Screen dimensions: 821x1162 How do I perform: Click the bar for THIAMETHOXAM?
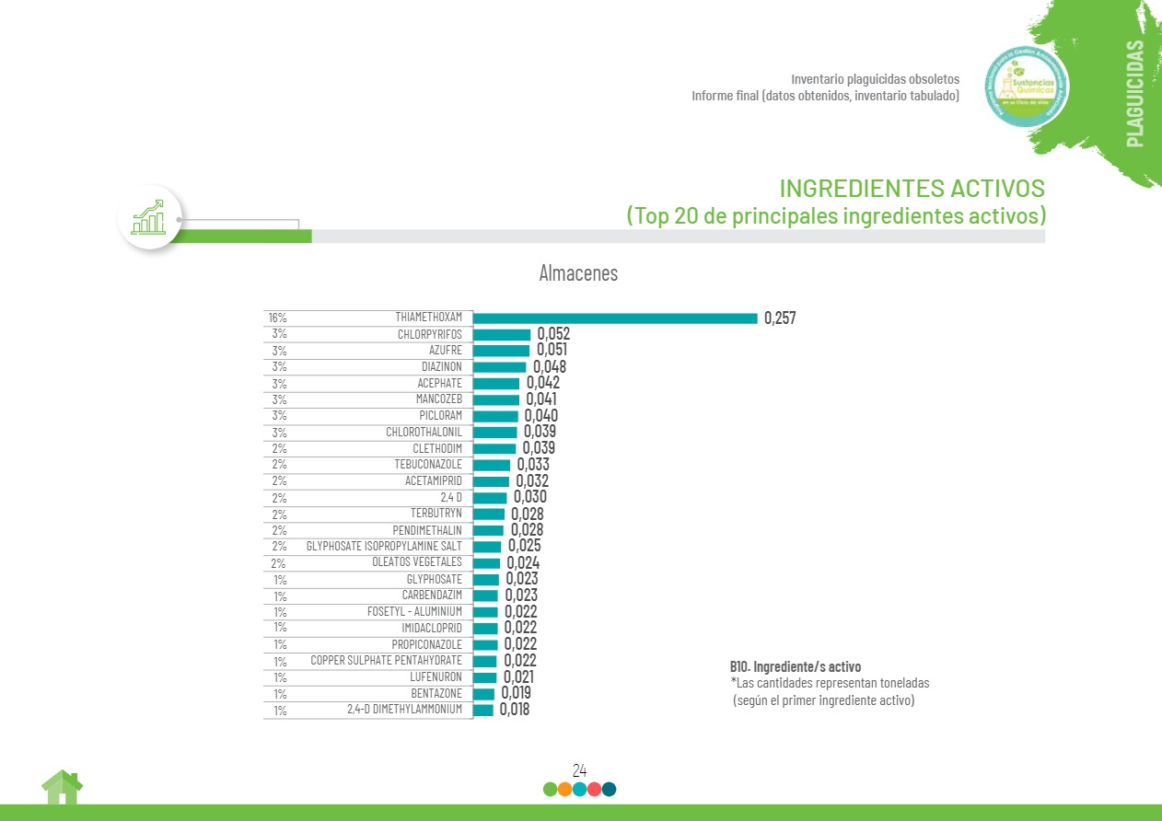pos(615,318)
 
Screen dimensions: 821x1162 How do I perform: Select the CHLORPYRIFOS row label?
pos(429,334)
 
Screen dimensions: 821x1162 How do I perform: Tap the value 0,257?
pos(780,318)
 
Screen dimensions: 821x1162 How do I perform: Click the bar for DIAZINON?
pos(499,366)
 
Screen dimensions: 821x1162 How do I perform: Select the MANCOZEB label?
pos(438,399)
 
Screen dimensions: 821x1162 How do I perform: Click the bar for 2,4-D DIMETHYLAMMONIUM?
pos(482,710)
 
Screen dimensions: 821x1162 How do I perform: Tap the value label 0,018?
pos(515,710)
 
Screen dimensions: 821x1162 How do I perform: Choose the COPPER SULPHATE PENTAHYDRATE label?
pos(386,661)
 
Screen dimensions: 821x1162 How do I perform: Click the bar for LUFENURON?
pos(484,677)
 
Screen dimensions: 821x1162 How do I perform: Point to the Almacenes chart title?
pos(578,273)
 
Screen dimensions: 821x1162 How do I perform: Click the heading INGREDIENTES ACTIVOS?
pos(912,189)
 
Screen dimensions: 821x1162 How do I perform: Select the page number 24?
pos(580,770)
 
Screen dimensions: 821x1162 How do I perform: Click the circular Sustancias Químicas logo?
pos(1027,87)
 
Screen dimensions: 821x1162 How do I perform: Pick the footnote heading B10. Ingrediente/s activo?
pos(796,666)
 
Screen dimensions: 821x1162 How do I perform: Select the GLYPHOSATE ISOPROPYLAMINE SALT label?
pos(384,546)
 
